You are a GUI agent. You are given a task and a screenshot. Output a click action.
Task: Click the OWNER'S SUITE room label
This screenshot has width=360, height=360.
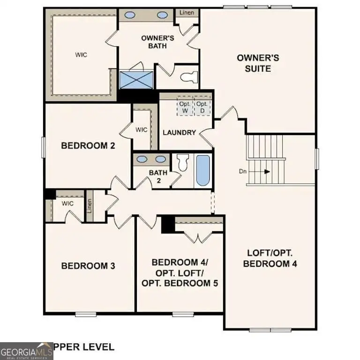[x=258, y=63]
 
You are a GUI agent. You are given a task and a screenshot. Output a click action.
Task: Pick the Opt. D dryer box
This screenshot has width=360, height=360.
[x=202, y=106]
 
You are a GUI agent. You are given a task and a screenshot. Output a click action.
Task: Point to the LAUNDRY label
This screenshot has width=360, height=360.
[x=179, y=132]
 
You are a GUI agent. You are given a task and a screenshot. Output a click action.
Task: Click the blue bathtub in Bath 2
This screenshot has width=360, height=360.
[x=203, y=170]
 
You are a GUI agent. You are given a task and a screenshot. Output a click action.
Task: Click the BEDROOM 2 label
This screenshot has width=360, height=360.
[x=88, y=146]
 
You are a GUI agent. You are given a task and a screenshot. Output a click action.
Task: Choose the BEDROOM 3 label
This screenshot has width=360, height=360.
[x=88, y=266]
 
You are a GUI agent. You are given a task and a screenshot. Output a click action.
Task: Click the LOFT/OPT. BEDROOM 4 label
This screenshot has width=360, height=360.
[x=270, y=258]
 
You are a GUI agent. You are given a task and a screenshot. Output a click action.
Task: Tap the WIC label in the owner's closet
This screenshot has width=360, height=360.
[x=82, y=54]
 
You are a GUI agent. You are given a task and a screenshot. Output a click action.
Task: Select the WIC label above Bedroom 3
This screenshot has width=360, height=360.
[x=68, y=203]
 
